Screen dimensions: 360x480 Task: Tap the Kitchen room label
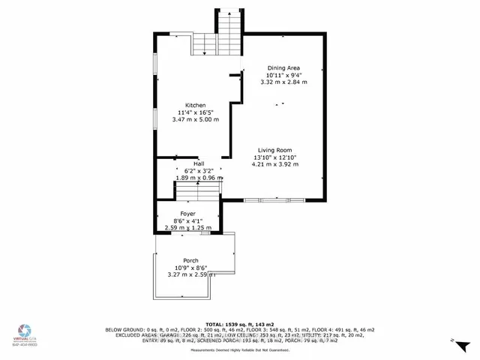point(196,106)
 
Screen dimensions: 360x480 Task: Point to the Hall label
point(199,163)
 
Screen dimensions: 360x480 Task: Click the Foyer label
point(177,214)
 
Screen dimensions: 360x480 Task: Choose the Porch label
point(190,260)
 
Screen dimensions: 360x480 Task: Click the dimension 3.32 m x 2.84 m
point(286,82)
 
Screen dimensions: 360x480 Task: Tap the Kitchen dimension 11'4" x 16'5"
point(195,112)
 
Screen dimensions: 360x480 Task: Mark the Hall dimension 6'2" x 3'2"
point(199,171)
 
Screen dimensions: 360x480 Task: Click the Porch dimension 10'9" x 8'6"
point(190,268)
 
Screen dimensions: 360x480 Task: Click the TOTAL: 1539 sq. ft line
point(239,323)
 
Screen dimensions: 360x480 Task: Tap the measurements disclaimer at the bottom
point(240,351)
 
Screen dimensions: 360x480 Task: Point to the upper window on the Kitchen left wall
point(154,64)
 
